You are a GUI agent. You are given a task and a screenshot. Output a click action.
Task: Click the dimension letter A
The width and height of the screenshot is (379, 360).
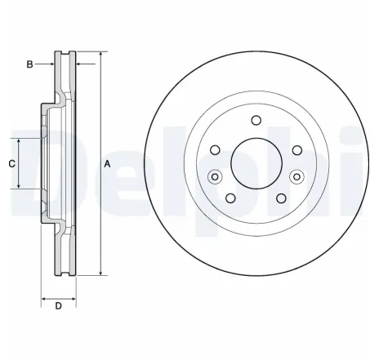pos(108,164)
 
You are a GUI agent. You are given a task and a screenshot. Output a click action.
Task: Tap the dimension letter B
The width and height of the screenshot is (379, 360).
pos(30,64)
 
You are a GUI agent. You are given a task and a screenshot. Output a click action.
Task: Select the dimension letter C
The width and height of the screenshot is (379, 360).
pos(11,163)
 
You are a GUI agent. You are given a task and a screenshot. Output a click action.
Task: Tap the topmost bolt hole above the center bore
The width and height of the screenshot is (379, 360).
pos(256,122)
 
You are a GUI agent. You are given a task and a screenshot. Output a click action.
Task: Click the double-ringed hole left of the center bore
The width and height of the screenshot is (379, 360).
pos(215,176)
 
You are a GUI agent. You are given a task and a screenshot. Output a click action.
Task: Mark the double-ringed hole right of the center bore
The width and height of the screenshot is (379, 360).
pos(297,176)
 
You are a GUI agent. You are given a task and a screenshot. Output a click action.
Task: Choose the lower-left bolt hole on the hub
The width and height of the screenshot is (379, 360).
pos(231,198)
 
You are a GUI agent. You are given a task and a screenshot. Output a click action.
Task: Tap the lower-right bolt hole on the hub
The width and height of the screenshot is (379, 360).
pos(281,198)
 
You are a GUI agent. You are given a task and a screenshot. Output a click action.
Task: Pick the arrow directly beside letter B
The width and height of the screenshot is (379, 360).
pos(50,64)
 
